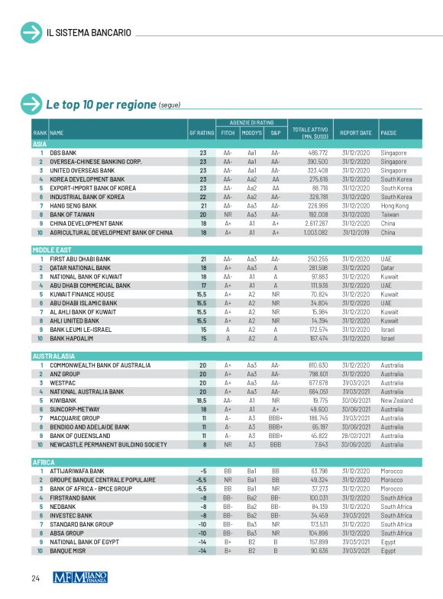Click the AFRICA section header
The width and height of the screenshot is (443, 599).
coord(43,462)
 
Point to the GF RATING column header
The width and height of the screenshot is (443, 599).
coord(201,133)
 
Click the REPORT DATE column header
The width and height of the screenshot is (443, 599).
coord(355,133)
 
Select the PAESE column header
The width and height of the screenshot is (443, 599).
coord(389,133)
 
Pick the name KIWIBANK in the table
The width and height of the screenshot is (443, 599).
coord(63,398)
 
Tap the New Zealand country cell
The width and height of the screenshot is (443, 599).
coord(396,398)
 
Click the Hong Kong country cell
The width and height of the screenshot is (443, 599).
coord(394,206)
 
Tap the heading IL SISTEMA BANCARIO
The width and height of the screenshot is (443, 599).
coord(89,33)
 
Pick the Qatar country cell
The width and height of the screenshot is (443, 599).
coord(388,268)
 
